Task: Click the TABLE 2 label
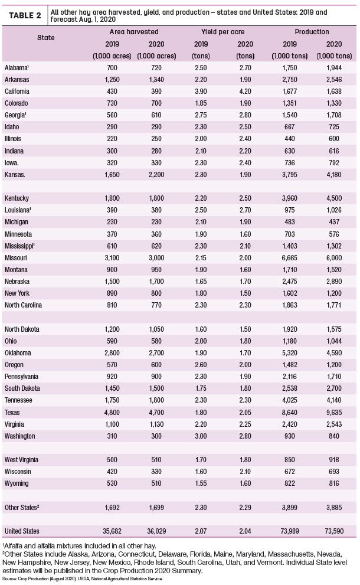click(25, 15)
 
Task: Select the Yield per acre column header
click(222, 32)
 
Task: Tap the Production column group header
click(312, 32)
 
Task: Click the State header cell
click(46, 38)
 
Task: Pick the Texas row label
click(12, 412)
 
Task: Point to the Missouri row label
click(16, 258)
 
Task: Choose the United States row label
click(22, 531)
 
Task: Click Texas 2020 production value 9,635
click(334, 412)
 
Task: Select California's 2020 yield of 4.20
click(245, 91)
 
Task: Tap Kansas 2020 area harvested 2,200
click(156, 175)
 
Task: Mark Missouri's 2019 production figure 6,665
click(290, 258)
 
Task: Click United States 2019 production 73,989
click(290, 531)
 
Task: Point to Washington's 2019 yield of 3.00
click(201, 436)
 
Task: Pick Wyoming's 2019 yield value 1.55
click(201, 483)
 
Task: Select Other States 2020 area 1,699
click(156, 508)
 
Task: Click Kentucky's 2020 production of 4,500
click(334, 198)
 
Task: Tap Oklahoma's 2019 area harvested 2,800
click(112, 353)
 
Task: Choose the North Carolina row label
click(23, 305)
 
